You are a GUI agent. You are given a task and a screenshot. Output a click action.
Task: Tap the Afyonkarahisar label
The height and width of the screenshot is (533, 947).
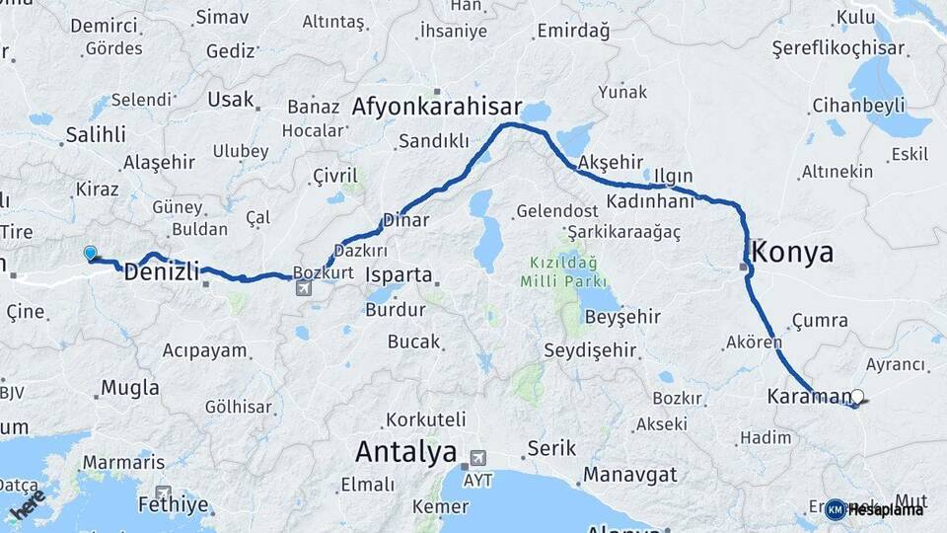point(438,106)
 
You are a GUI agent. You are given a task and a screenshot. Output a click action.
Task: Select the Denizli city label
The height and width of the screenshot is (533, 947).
point(162,271)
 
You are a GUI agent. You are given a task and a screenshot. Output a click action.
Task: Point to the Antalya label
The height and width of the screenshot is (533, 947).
point(405,452)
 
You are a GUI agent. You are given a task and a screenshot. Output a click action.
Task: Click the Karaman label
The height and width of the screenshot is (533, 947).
point(807,397)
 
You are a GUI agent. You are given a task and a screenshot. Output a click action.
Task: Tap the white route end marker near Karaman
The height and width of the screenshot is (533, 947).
point(857,397)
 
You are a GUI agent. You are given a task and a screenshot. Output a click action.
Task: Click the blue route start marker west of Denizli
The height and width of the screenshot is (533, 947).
point(91,253)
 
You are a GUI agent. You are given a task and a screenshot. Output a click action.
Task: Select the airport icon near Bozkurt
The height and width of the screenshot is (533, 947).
point(303,288)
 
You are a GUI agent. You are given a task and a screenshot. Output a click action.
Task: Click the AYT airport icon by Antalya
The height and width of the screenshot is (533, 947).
point(479,458)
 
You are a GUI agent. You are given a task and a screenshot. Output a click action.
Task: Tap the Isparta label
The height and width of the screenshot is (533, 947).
point(399,273)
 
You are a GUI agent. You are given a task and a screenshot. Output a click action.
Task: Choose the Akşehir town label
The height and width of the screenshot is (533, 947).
point(612,162)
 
